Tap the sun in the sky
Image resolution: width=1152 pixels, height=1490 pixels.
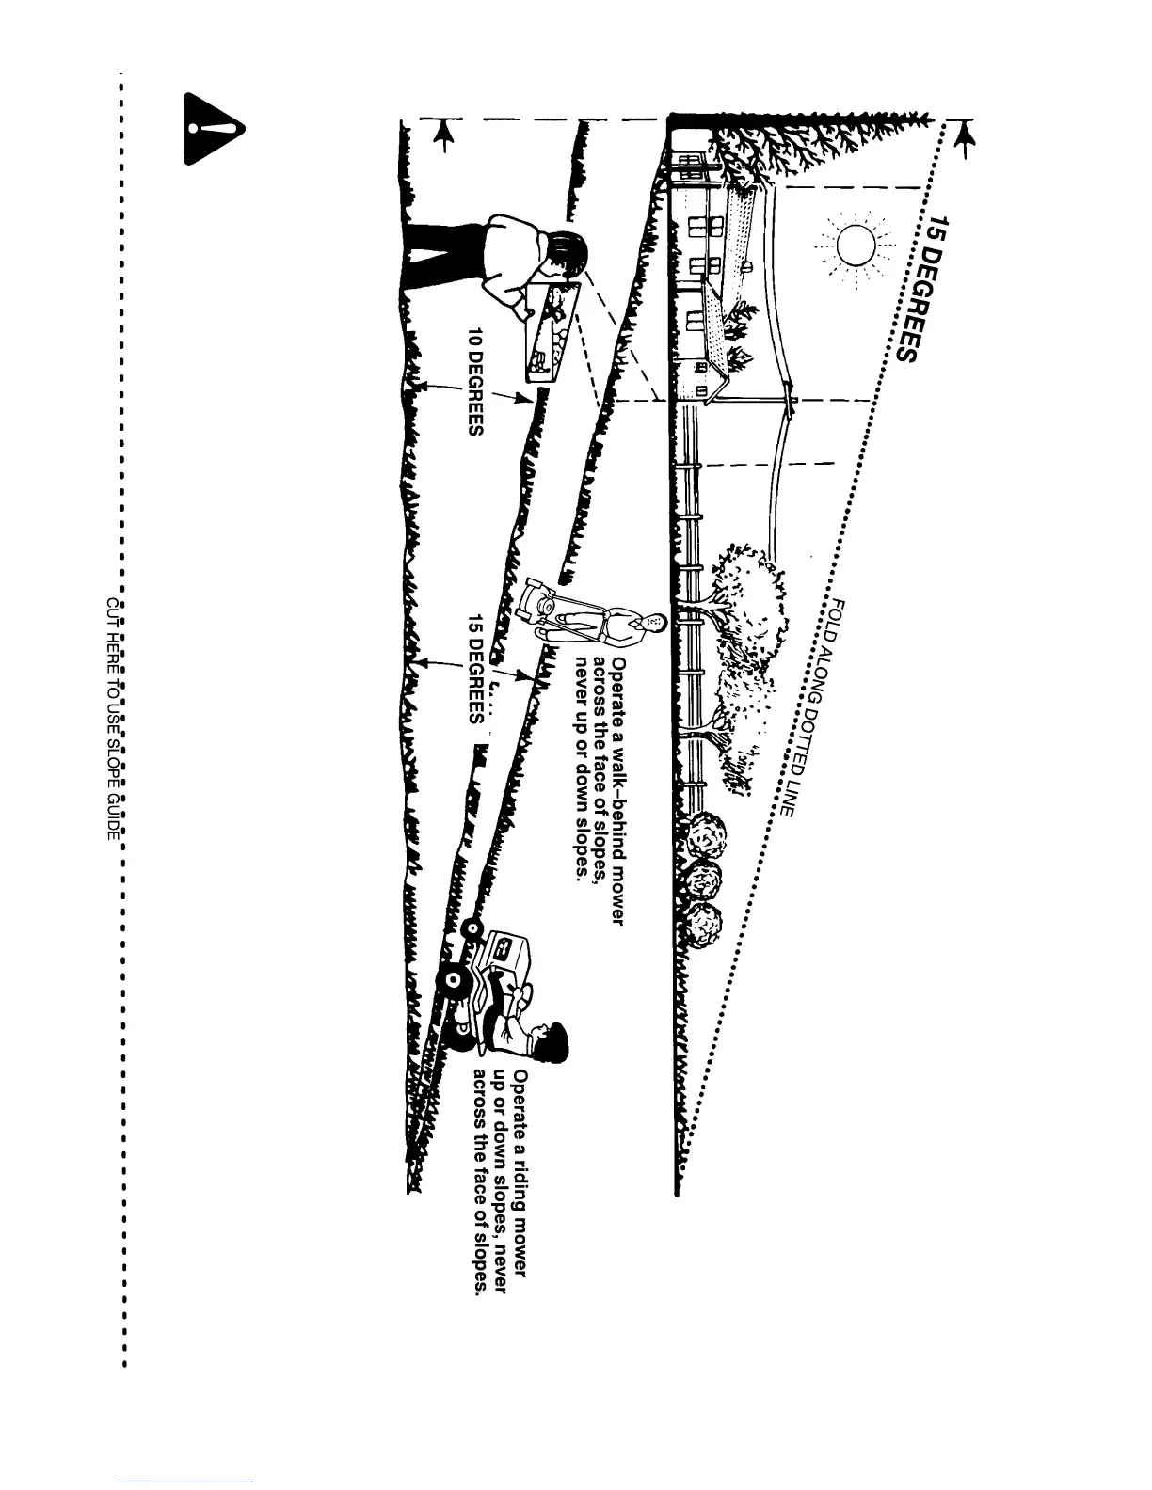[x=856, y=246]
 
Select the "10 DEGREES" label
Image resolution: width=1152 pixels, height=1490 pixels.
[x=476, y=381]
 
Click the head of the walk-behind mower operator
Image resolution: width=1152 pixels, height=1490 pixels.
[x=655, y=622]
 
